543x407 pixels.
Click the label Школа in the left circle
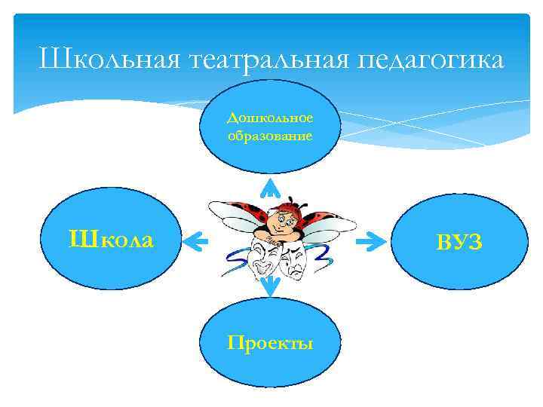pyautogui.click(x=111, y=240)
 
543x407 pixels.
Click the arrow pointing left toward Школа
pyautogui.click(x=195, y=242)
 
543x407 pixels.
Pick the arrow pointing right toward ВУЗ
pyautogui.click(x=369, y=242)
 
